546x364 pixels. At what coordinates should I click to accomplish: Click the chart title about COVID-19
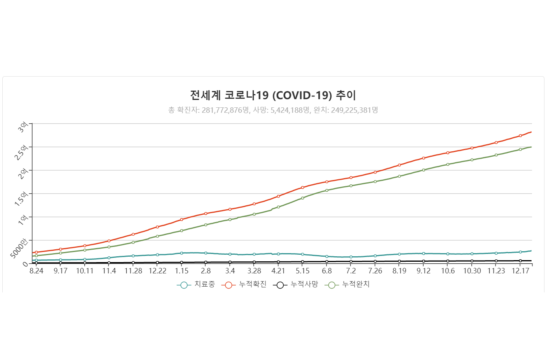(273, 95)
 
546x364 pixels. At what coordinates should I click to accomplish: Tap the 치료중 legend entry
(196, 285)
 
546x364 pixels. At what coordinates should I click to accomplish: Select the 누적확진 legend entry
(244, 285)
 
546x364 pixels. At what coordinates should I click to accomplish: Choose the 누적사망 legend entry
(296, 285)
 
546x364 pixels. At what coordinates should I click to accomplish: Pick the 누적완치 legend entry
(347, 285)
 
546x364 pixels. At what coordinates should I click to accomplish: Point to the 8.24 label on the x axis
(37, 271)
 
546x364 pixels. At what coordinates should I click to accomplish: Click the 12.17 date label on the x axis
(520, 271)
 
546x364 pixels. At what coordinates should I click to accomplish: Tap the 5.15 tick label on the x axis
(303, 271)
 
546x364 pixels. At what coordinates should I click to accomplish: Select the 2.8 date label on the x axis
(206, 271)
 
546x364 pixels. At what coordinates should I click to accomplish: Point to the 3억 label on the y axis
(23, 127)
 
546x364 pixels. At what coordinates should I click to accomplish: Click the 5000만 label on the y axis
(19, 248)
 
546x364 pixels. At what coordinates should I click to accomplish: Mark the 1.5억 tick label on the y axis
(21, 198)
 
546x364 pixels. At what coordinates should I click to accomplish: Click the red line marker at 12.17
(520, 136)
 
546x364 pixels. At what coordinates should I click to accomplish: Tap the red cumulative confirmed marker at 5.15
(303, 187)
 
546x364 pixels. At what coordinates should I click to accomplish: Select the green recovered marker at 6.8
(327, 191)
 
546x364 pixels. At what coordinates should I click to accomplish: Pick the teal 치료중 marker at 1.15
(181, 253)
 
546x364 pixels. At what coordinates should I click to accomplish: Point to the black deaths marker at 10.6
(448, 261)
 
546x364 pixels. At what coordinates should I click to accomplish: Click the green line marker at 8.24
(37, 256)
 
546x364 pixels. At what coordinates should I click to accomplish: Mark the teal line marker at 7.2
(351, 257)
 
